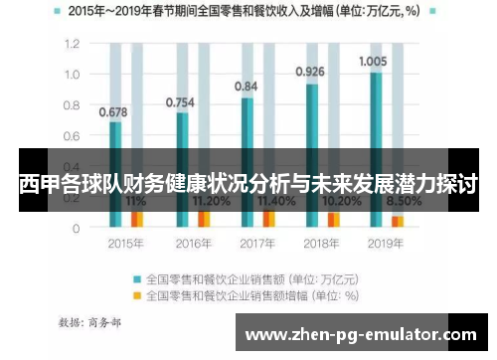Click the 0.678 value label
pos(113,112)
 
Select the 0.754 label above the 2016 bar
pos(180,101)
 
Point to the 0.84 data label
pos(246,87)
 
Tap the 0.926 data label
pos(310,71)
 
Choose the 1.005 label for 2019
pos(373,61)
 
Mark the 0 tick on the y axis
pos(74,228)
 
